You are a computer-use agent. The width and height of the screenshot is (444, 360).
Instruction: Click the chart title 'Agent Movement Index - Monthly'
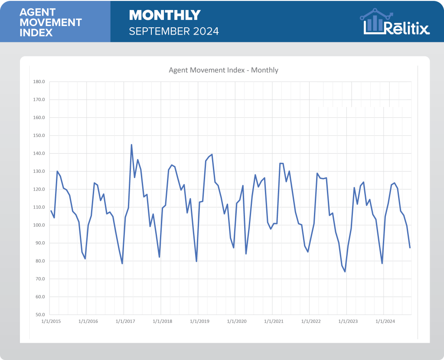tap(223, 70)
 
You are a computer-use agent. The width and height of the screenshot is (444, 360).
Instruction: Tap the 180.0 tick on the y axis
tap(39, 82)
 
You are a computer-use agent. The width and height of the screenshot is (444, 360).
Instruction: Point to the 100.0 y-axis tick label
tap(39, 225)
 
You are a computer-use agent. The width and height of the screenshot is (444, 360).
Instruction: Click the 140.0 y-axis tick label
tap(39, 153)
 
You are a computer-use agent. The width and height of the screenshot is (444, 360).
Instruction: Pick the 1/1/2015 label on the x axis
tap(50, 321)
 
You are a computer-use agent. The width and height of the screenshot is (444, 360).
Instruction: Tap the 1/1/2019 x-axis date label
tap(198, 321)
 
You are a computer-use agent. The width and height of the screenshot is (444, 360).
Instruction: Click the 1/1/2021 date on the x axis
tap(272, 321)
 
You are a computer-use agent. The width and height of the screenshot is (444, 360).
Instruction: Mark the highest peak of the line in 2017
tap(131, 145)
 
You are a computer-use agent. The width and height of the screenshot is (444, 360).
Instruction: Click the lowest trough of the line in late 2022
tap(345, 272)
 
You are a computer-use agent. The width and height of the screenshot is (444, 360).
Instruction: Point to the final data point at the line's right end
tap(410, 247)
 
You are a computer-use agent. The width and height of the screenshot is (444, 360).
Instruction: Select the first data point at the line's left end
tap(51, 211)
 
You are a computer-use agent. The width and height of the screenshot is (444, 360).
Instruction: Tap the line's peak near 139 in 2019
tap(212, 155)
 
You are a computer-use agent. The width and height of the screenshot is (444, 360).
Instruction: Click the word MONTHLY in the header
tap(165, 16)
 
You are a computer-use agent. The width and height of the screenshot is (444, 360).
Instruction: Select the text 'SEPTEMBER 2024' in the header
tap(174, 31)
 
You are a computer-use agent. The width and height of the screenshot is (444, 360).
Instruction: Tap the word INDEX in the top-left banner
tap(36, 32)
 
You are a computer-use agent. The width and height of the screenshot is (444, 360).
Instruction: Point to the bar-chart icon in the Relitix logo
tap(374, 22)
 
